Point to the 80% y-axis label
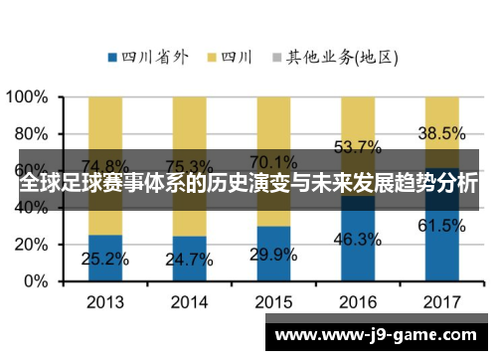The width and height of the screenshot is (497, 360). coord(32,134)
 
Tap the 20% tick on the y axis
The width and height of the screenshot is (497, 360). coord(32,245)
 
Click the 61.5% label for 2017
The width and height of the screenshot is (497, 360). coord(441,226)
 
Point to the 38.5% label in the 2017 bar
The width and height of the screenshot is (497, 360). coord(441,133)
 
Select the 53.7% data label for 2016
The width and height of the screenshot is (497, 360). coord(356,147)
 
